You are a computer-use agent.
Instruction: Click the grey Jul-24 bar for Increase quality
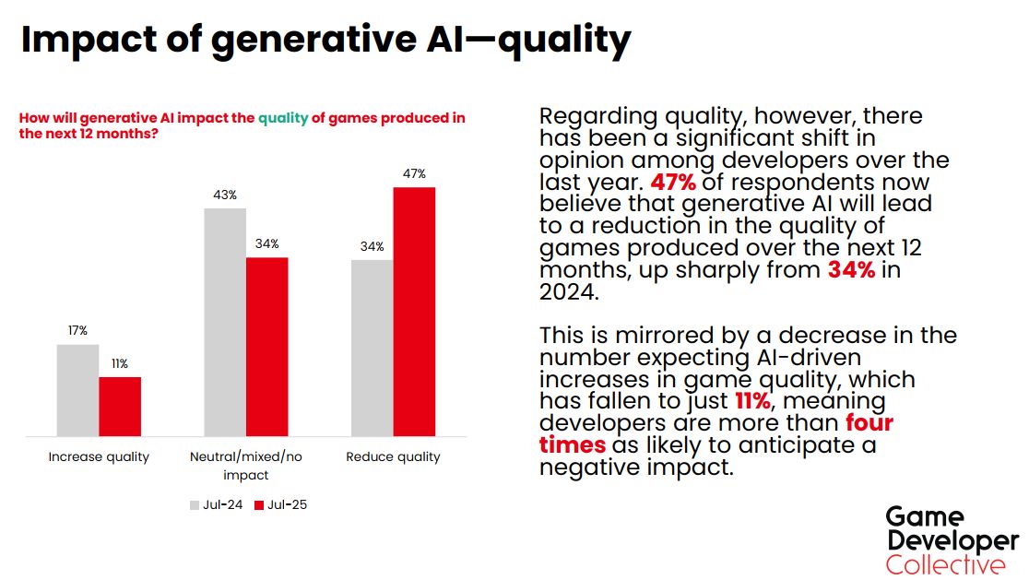pos(77,390)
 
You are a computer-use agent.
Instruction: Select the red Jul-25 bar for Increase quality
pos(120,407)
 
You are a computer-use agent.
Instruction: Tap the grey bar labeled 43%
pos(225,322)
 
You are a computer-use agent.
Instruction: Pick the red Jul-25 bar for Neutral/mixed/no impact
pos(267,347)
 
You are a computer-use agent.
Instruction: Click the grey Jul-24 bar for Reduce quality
pos(372,348)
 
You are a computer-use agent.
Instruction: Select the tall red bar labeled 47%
pos(414,311)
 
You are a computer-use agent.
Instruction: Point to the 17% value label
pos(77,331)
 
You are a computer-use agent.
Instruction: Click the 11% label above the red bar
pos(120,363)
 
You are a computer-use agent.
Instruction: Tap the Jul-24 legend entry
pos(217,504)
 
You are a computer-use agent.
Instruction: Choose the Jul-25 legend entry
pos(280,504)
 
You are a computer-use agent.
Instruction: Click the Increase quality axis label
pos(99,456)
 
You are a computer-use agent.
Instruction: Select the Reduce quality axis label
pos(393,456)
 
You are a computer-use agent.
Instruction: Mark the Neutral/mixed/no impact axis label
pos(246,466)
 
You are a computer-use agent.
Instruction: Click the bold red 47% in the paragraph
pos(674,183)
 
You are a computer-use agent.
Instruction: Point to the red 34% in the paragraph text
pos(851,270)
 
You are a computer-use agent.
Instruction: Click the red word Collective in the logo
pos(946,564)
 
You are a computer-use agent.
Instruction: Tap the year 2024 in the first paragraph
pos(570,292)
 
